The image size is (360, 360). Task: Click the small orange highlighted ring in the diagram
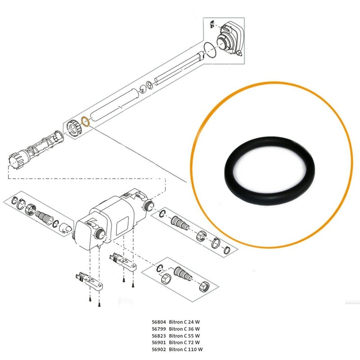(85, 121)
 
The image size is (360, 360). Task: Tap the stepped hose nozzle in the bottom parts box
(182, 274)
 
